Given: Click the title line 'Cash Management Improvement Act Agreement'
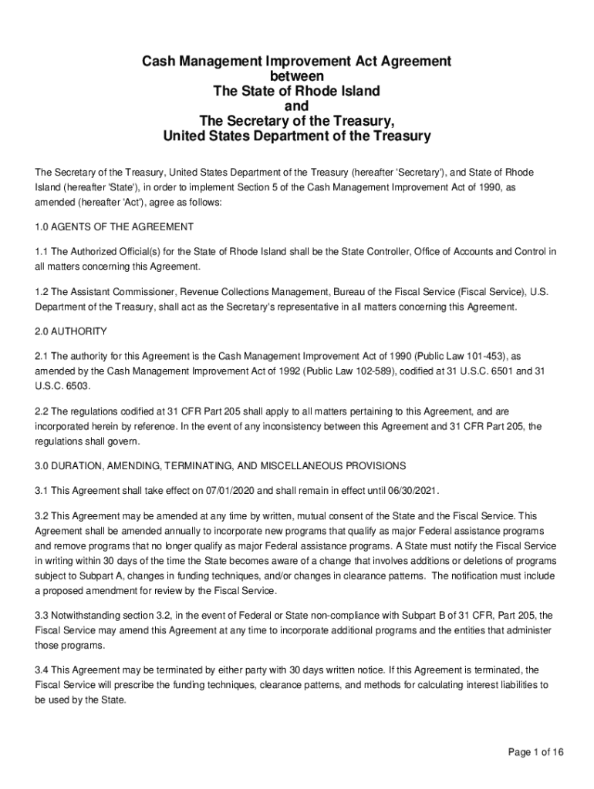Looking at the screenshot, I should [296, 61].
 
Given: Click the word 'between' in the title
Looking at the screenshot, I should [296, 76].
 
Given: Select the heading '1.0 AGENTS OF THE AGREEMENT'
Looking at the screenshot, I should [114, 227].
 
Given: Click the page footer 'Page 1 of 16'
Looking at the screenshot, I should [535, 752].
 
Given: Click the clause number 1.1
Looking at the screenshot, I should [42, 252].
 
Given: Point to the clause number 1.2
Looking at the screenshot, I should [42, 294].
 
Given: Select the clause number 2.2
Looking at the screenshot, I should [42, 412].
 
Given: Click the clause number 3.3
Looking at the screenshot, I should [42, 616].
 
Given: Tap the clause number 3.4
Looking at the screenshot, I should [42, 670].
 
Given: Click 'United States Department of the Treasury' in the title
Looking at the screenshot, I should [296, 136].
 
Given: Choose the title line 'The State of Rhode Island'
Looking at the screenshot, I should [296, 91].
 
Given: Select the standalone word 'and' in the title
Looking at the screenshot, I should [296, 106].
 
